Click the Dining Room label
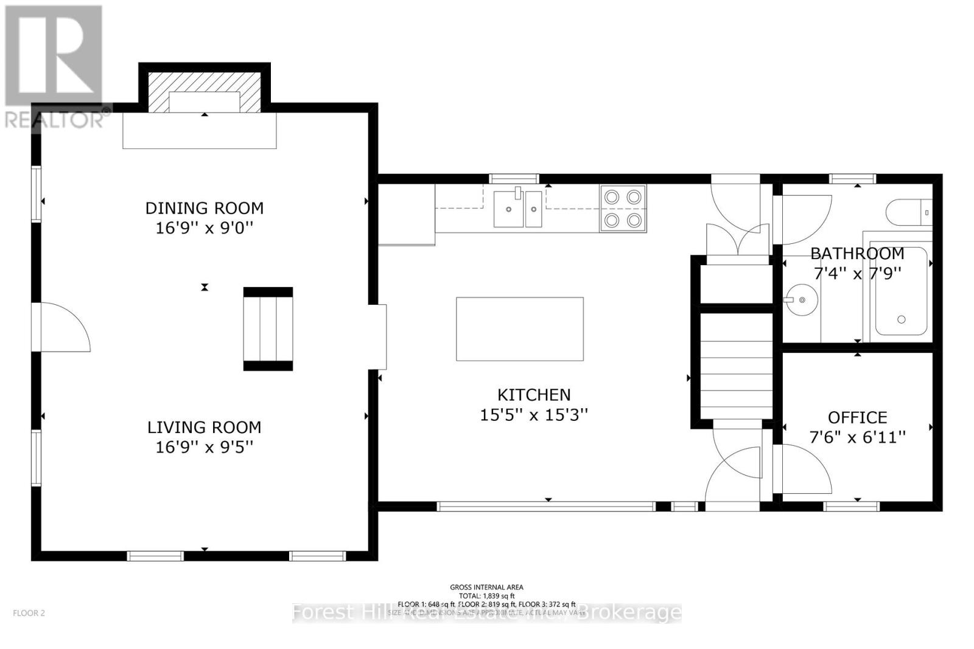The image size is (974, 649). click(204, 208)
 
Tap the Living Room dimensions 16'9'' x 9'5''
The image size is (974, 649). click(204, 447)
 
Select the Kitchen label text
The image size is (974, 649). click(534, 395)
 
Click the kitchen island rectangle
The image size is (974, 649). click(519, 328)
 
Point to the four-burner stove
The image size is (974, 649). click(623, 209)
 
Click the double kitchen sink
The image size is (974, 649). click(517, 209)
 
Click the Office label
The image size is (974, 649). click(857, 417)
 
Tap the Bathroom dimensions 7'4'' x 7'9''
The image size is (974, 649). click(857, 273)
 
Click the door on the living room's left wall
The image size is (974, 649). click(61, 327)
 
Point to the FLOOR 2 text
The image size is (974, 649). click(29, 613)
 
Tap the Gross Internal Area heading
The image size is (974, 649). click(486, 587)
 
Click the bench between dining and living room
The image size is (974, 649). click(268, 328)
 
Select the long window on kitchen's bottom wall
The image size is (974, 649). click(546, 505)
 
